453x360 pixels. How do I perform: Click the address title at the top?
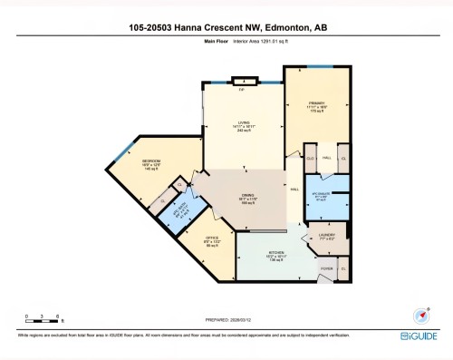[226, 26]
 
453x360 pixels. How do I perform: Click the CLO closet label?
[309, 158]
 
